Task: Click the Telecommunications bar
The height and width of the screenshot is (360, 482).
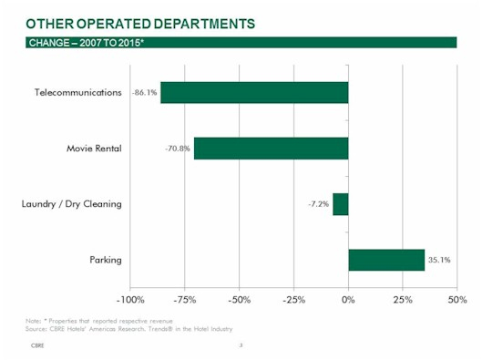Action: point(254,92)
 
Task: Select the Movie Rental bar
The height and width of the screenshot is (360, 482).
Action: point(271,148)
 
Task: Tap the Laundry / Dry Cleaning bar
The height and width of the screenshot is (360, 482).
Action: point(341,204)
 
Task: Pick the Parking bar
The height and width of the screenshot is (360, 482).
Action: point(386,260)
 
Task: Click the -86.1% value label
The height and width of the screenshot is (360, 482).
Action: point(145,92)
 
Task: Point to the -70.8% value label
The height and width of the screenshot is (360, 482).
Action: point(177,149)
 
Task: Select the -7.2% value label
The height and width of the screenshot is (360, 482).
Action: point(318,204)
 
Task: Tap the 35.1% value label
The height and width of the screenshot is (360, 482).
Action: point(439,261)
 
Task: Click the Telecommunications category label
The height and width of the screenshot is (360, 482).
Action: point(77,93)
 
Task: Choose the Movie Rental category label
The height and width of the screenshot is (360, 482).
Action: point(94,149)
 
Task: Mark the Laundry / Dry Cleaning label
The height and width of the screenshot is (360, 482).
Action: point(71,204)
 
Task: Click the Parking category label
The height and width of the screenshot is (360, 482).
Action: point(106,261)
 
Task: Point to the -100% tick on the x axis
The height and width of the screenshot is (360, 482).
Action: point(129,299)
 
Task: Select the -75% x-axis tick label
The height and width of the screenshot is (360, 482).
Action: point(185,299)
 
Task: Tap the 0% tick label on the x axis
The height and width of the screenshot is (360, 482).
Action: point(348,299)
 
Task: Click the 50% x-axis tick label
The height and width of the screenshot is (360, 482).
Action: point(456,299)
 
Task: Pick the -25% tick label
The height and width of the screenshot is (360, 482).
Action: point(293,299)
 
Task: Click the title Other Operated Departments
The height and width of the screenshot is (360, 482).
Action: point(140,21)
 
